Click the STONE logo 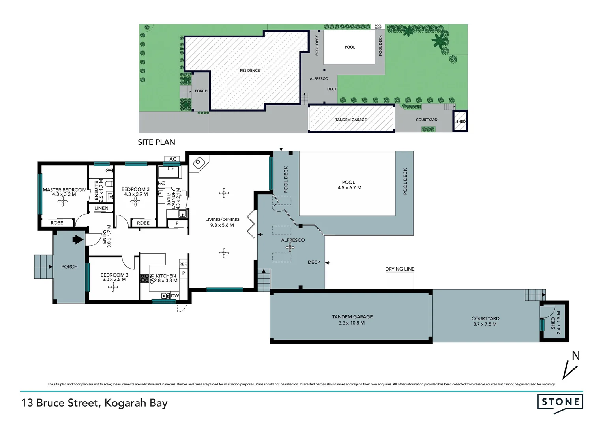click(560, 402)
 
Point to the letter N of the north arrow click(576, 356)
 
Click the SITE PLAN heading click(156, 142)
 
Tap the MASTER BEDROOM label click(64, 190)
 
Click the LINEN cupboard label click(101, 208)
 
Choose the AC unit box click(172, 159)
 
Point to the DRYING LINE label click(400, 269)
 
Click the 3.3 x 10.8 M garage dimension click(352, 323)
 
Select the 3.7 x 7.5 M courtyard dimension click(485, 324)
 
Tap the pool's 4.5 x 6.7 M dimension click(349, 188)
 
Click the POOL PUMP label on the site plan click(378, 27)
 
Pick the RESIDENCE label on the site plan click(250, 71)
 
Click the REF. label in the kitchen click(183, 264)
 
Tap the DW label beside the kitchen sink click(175, 296)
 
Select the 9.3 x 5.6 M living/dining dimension click(222, 226)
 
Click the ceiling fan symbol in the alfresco click(290, 247)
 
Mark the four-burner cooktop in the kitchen click(144, 278)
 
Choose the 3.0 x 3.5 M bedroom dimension click(114, 280)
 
